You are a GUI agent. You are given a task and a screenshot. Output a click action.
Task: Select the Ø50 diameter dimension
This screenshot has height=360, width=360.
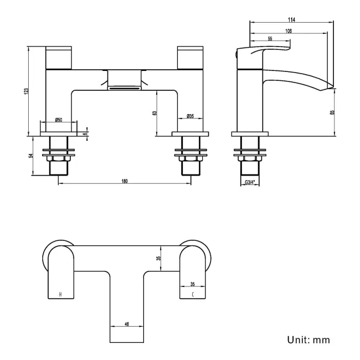click(x=59, y=120)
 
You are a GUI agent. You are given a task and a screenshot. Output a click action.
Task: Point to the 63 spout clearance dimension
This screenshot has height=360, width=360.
click(x=155, y=112)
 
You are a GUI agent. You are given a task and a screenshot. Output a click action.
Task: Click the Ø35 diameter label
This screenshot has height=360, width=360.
click(x=190, y=116)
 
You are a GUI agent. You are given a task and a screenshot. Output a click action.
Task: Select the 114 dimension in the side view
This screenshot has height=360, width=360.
click(x=291, y=19)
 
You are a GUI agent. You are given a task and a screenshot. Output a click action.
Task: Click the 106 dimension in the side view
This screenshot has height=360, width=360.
click(x=289, y=31)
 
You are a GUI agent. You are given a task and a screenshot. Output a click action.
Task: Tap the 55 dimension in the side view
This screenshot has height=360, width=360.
click(x=270, y=39)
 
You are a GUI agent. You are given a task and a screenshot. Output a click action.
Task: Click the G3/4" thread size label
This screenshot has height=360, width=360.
click(x=249, y=182)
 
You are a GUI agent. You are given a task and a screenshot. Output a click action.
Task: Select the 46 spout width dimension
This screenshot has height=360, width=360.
click(x=127, y=325)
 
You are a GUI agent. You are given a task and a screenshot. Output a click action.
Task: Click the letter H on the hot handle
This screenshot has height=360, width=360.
click(x=60, y=294)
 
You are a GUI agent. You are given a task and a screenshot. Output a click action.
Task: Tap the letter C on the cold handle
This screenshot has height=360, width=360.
click(x=193, y=294)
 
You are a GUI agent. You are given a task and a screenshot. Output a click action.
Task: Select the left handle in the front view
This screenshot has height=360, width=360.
click(x=58, y=58)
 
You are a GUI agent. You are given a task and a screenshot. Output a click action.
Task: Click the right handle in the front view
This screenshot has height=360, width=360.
click(x=191, y=58)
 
